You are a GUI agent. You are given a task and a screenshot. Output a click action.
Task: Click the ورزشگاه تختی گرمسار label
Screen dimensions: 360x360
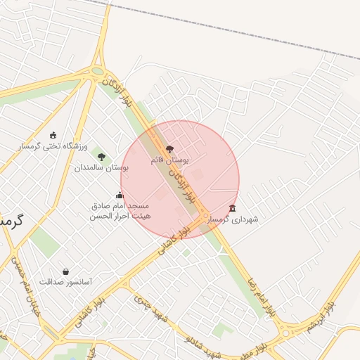(53, 146)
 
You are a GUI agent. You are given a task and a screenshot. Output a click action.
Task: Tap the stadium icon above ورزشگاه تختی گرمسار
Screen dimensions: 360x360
(53, 135)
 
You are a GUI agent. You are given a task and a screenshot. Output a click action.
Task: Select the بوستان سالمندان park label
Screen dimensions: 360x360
(102, 168)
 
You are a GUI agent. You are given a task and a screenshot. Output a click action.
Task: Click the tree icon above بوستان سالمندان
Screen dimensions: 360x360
(102, 157)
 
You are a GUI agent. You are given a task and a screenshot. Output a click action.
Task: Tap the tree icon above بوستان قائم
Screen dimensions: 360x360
(169, 149)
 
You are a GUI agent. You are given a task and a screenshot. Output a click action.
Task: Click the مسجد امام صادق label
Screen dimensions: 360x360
(120, 206)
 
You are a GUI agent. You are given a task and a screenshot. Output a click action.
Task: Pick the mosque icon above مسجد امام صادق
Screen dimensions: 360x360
(120, 195)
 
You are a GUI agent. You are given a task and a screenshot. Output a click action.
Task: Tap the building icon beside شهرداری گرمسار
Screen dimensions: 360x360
(233, 208)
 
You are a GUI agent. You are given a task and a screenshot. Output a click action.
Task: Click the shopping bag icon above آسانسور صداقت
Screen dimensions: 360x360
(65, 271)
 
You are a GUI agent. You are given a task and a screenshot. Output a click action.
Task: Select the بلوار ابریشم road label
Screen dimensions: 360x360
(321, 317)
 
